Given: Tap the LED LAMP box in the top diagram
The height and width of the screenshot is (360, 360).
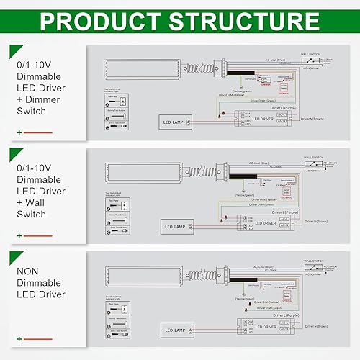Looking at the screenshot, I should [175, 122].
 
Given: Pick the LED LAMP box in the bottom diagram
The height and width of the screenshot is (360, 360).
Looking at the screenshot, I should [175, 331].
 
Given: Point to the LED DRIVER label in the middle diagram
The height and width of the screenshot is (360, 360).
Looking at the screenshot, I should [263, 224].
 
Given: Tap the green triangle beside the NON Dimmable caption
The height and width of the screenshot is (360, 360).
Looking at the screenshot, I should [14, 257].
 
